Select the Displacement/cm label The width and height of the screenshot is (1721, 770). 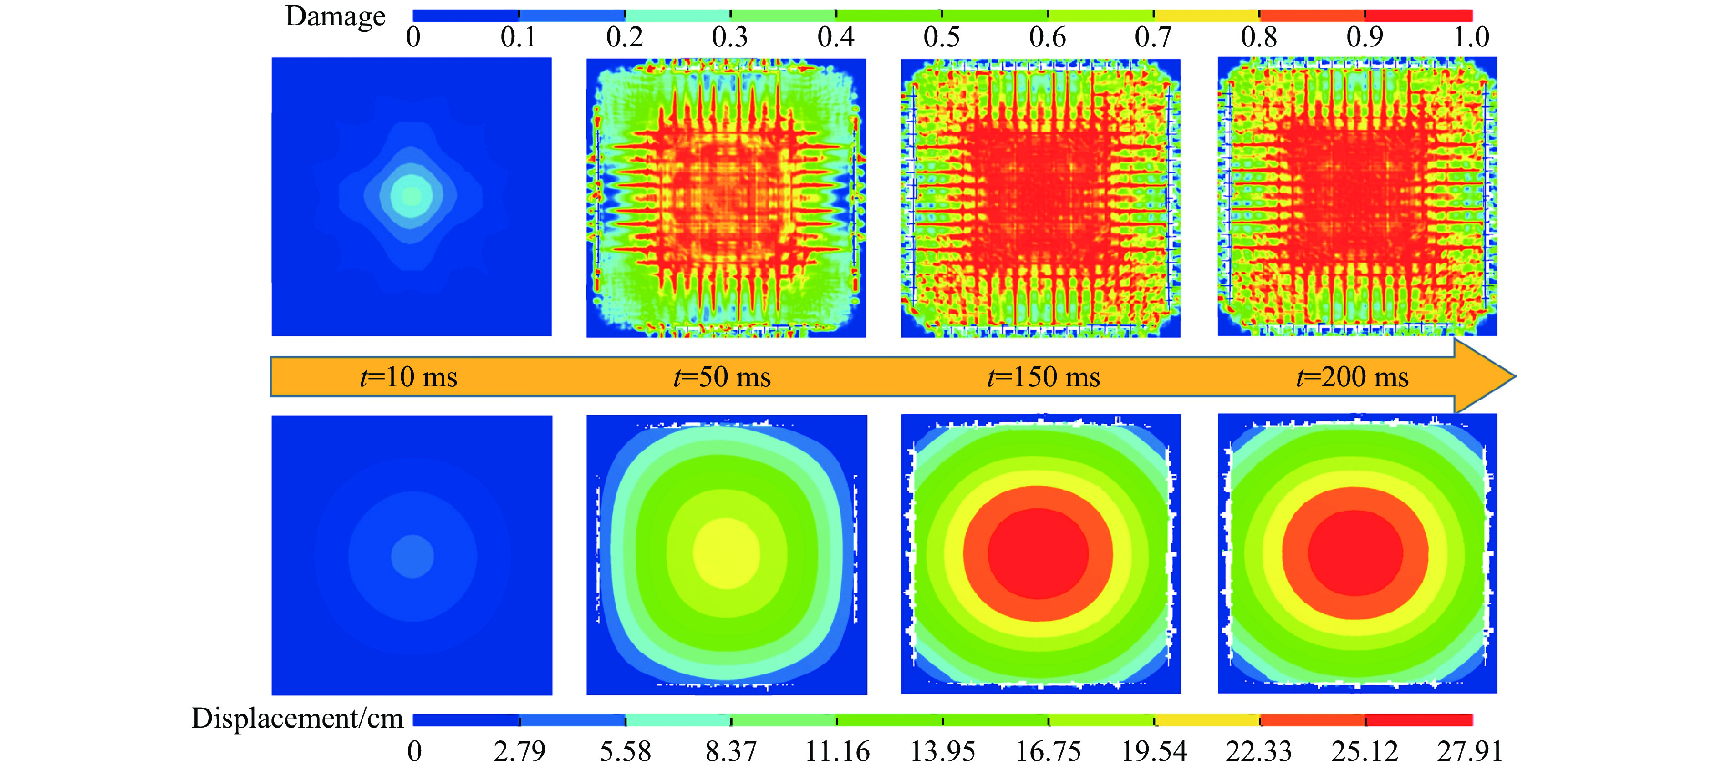(297, 719)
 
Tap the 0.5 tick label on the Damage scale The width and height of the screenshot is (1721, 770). (942, 37)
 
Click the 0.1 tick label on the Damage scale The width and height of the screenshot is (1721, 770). (519, 37)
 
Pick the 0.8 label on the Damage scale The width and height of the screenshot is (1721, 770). (1259, 37)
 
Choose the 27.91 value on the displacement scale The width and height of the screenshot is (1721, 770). (1470, 751)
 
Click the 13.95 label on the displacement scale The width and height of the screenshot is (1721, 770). (942, 751)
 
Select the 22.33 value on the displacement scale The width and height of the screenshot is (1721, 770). (1259, 751)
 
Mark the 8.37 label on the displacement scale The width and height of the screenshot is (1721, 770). (731, 751)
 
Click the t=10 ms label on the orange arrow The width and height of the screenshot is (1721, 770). (408, 377)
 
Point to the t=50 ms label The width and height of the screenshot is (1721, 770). (722, 377)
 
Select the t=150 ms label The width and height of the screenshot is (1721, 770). (1044, 377)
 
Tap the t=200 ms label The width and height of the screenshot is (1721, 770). (1352, 377)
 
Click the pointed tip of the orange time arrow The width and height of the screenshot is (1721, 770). (1515, 376)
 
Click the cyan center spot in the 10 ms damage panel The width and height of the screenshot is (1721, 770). (411, 196)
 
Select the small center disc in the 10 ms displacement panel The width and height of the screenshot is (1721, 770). (412, 556)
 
